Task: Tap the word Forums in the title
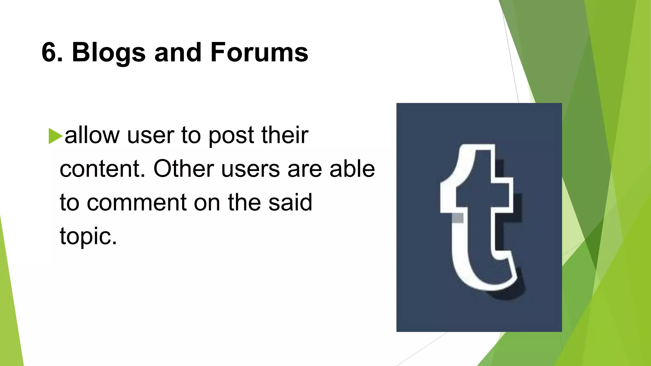259,52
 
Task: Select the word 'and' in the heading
178,52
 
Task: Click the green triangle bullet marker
55,136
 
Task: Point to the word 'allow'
92,135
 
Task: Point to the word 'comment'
137,203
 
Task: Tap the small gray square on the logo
457,218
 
